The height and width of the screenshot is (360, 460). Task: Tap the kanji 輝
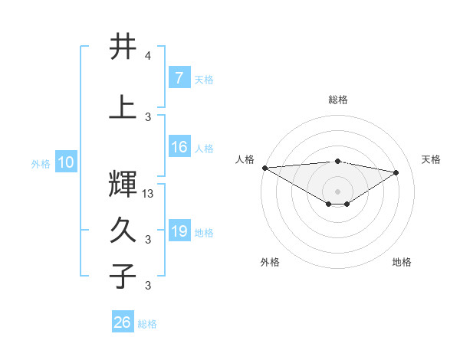(123, 183)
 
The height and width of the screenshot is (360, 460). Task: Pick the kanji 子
(123, 275)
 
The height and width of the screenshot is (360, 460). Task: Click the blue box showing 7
(179, 78)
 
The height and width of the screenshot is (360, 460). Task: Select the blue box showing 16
(179, 147)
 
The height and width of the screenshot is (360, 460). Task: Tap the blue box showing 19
(179, 231)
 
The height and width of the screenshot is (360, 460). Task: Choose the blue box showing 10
(65, 162)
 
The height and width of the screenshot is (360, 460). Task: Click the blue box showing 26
(123, 322)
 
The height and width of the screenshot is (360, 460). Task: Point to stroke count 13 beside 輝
(149, 194)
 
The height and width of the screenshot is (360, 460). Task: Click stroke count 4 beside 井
(147, 56)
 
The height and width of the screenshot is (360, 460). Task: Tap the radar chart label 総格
(337, 100)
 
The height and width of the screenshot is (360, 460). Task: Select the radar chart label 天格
(432, 159)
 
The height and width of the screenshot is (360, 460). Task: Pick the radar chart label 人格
(245, 159)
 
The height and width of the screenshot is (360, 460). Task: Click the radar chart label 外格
(270, 262)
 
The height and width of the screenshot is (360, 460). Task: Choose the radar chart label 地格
(402, 262)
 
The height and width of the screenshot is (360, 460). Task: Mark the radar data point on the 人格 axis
(264, 168)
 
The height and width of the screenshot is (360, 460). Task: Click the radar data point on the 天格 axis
(396, 172)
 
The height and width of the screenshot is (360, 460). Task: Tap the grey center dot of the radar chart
(337, 191)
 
